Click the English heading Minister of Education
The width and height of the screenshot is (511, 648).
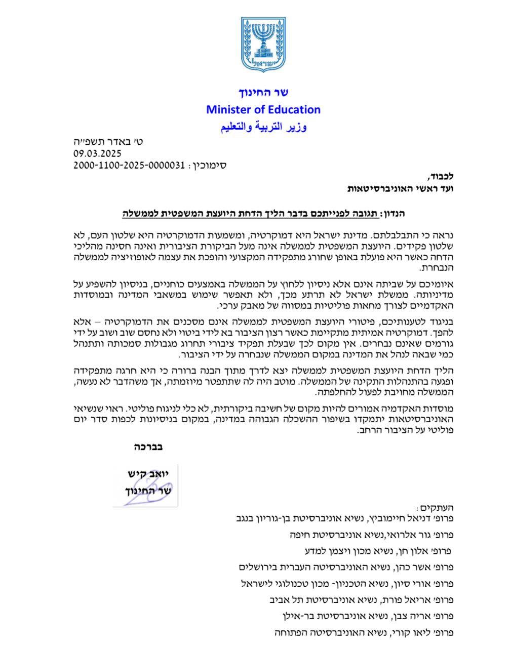pos(263,109)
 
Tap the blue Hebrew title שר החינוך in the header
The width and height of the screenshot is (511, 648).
pos(263,92)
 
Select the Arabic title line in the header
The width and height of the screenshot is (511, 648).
pos(263,127)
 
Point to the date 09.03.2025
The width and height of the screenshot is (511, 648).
pos(98,153)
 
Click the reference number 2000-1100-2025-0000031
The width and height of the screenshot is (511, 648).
pos(129,165)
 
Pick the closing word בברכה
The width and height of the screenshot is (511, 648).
pos(148,447)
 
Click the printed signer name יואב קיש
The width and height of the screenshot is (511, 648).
pos(150,474)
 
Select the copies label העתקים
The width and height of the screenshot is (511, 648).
pos(430,508)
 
